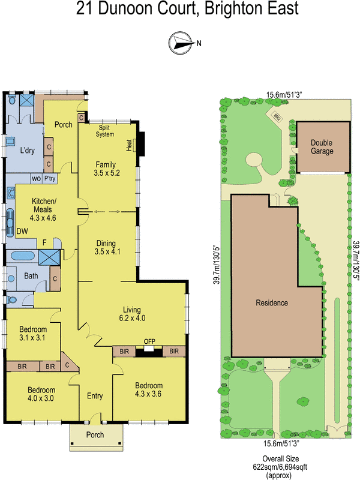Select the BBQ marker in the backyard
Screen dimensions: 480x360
click(x=277, y=118)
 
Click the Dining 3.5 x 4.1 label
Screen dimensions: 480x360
click(x=108, y=247)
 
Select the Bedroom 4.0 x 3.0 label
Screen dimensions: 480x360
click(x=41, y=394)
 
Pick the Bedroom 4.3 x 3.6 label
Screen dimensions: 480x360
click(x=148, y=389)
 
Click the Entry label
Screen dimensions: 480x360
click(x=95, y=396)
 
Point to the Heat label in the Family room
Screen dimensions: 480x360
click(x=128, y=145)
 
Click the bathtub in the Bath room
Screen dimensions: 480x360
click(x=23, y=256)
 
